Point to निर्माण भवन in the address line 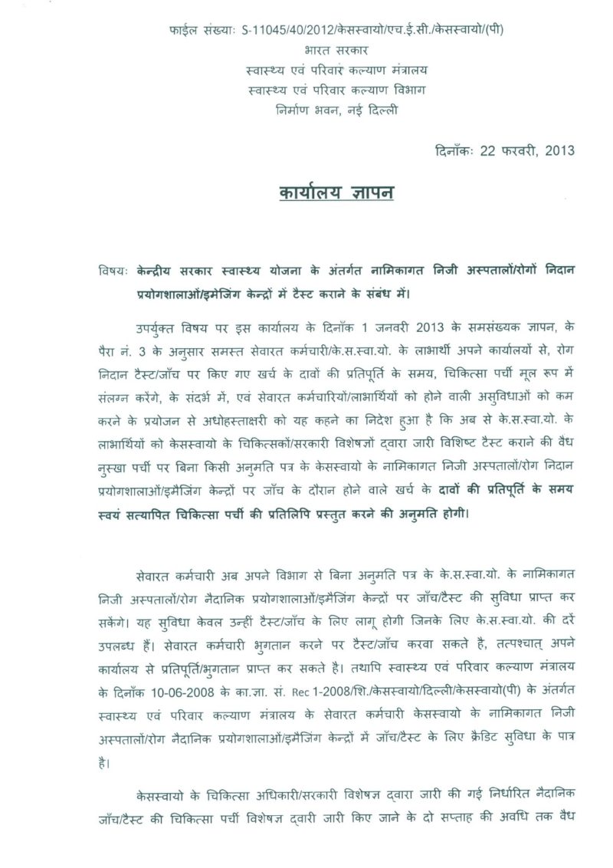tap(303, 110)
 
